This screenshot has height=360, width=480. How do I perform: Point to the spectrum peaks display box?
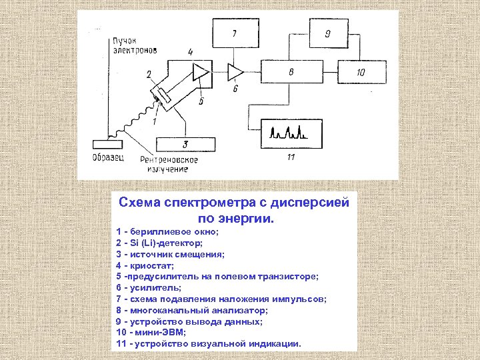point(291,131)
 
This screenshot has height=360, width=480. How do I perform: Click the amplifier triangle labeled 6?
point(235,70)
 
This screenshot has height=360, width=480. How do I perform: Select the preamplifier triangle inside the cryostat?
point(199,70)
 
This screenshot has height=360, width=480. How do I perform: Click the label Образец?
point(107,158)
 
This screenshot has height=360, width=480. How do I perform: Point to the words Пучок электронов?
point(134,45)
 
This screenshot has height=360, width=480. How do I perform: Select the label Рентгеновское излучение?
point(169,165)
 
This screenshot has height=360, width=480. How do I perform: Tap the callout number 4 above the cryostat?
point(191,51)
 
